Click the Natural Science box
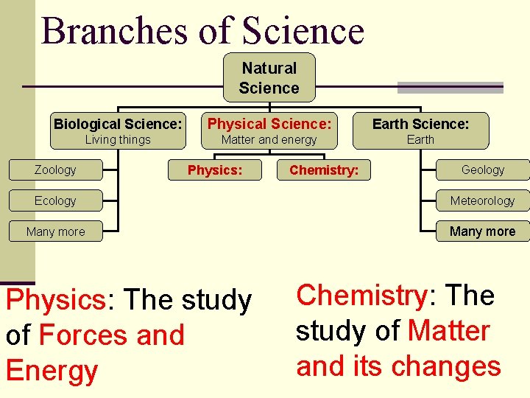pyautogui.click(x=269, y=77)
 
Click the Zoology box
pyautogui.click(x=55, y=170)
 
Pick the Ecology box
pyautogui.click(x=55, y=200)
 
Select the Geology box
pyautogui.click(x=482, y=170)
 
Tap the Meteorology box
pyautogui.click(x=482, y=200)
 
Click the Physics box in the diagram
pyautogui.click(x=215, y=170)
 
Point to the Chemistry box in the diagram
pyautogui.click(x=324, y=170)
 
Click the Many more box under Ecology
pyautogui.click(x=55, y=231)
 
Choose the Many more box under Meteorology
pyautogui.click(x=482, y=231)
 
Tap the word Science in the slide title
pyautogui.click(x=303, y=31)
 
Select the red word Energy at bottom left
pyautogui.click(x=52, y=371)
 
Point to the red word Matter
pyautogui.click(x=448, y=331)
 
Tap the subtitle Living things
pyautogui.click(x=118, y=140)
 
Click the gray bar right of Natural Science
pyautogui.click(x=450, y=88)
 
